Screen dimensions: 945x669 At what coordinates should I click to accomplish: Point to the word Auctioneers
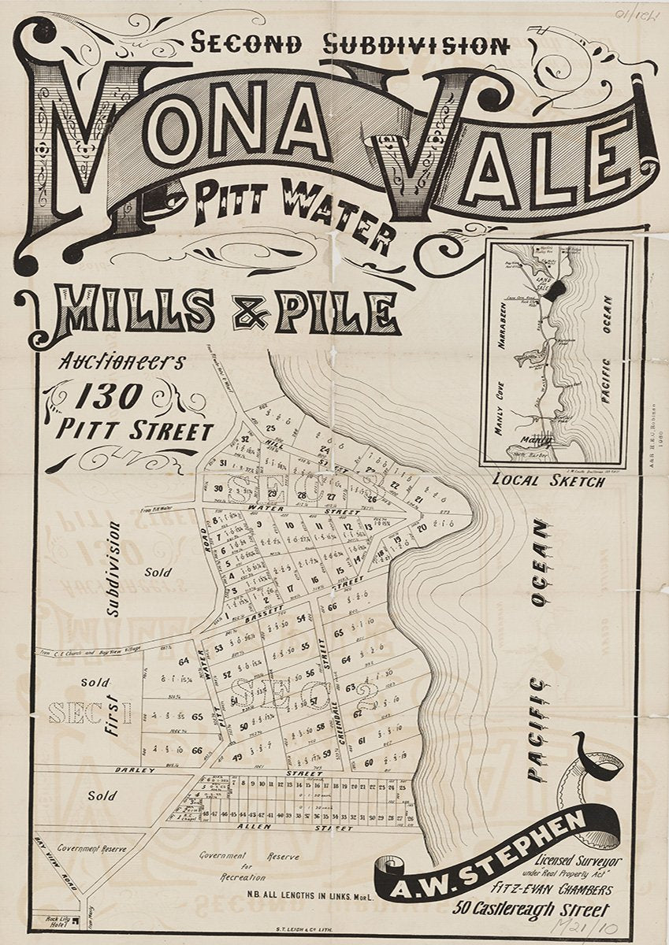[x=122, y=363]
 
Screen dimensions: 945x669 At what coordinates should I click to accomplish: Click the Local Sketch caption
[x=548, y=480]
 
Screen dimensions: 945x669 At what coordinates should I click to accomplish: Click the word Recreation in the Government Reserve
[x=229, y=876]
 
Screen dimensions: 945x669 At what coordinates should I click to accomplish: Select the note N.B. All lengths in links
[x=304, y=891]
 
